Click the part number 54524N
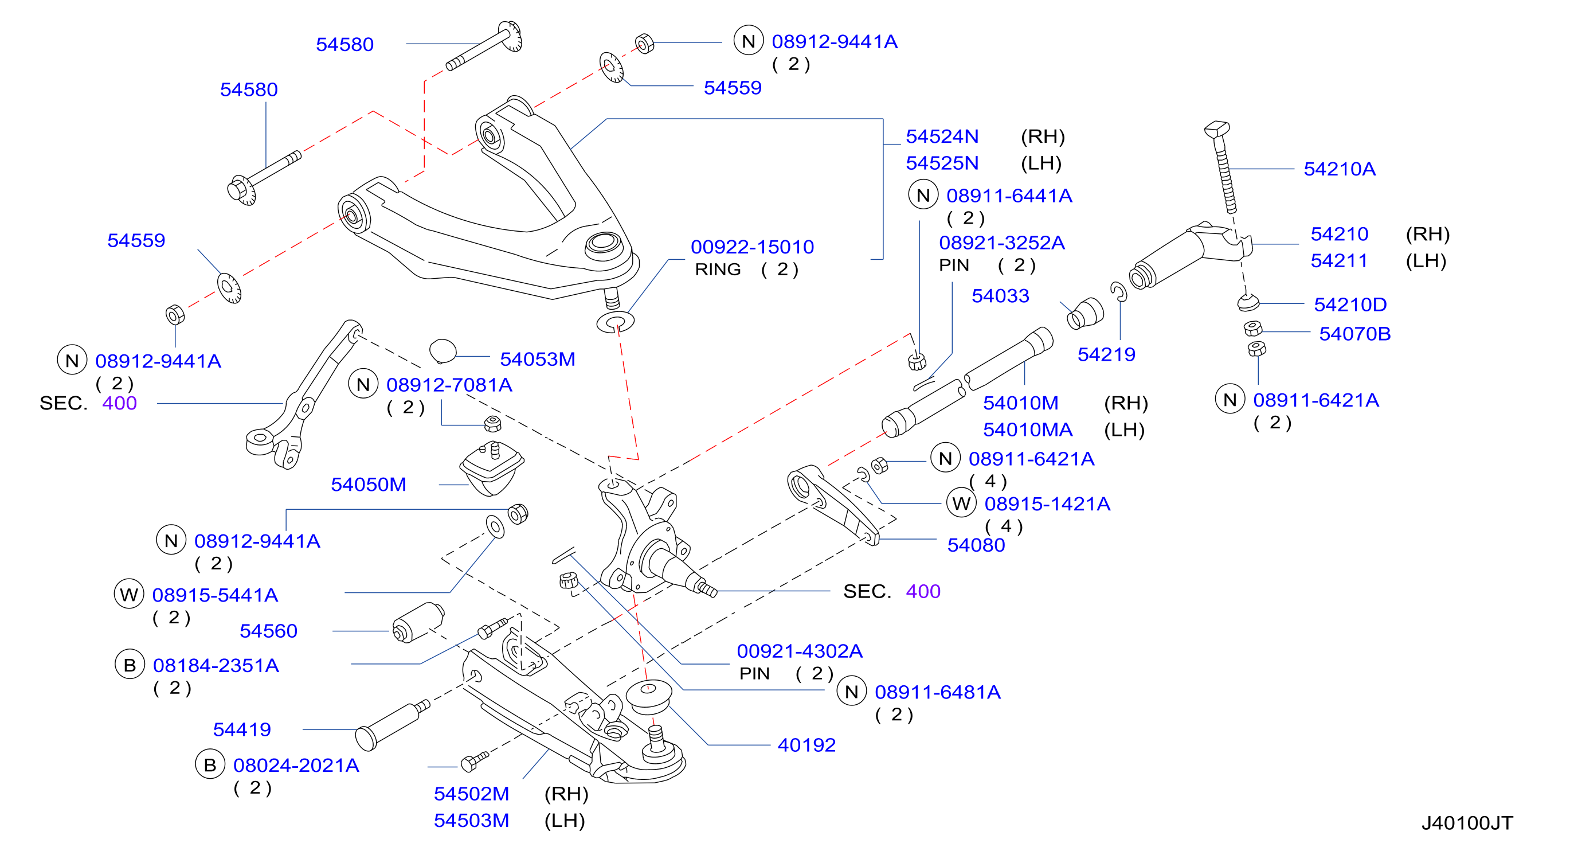click(x=942, y=136)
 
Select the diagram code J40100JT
click(x=1467, y=823)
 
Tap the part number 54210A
click(x=1340, y=169)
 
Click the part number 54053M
click(x=538, y=359)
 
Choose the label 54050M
click(x=369, y=484)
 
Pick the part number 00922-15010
click(x=752, y=247)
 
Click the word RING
click(x=718, y=269)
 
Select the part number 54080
click(x=976, y=545)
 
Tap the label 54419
click(x=242, y=729)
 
